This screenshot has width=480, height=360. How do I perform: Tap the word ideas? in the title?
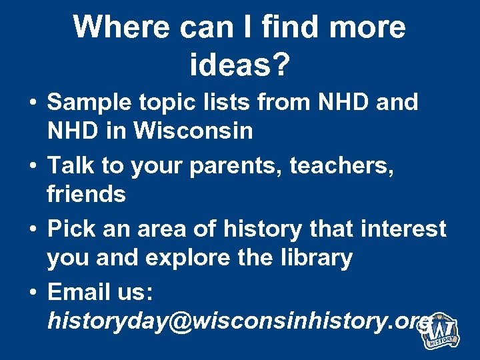[239, 64]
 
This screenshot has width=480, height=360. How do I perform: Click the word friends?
[86, 195]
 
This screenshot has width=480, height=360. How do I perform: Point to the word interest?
[402, 229]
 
